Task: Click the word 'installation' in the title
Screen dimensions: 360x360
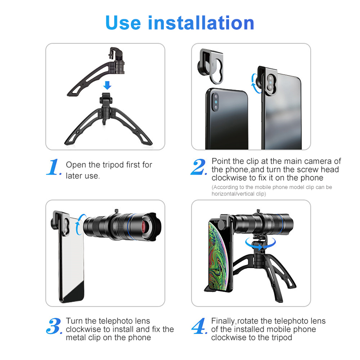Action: [201, 23]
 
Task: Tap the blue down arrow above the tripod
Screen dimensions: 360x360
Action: [107, 85]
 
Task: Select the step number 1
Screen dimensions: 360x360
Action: [54, 167]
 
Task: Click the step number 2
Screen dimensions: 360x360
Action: [198, 167]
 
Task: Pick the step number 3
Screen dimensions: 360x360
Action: [54, 326]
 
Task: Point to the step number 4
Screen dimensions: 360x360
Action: [199, 326]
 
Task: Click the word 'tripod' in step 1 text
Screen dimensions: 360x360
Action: [113, 165]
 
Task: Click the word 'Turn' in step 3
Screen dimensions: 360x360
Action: [74, 321]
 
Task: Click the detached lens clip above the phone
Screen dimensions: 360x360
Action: [210, 66]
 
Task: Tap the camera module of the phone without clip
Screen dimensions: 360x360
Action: [215, 102]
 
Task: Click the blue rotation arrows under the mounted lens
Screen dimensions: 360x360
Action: [260, 244]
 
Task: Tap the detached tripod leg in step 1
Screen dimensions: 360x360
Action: [96, 72]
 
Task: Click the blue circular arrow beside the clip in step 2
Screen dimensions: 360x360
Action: [255, 83]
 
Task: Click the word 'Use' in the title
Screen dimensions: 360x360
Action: [123, 23]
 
